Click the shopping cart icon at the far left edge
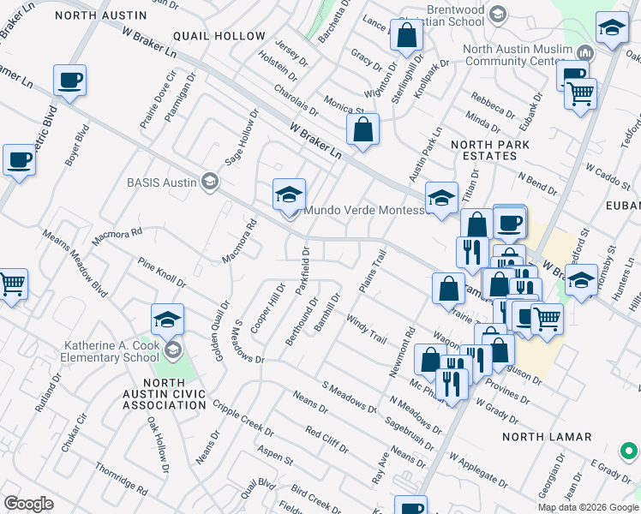pyautogui.click(x=12, y=284)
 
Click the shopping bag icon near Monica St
pyautogui.click(x=363, y=130)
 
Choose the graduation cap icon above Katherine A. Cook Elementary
pyautogui.click(x=167, y=320)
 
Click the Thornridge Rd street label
pyautogui.click(x=122, y=475)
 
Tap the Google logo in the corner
pyautogui.click(x=29, y=504)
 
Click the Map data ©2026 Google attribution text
pyautogui.click(x=588, y=507)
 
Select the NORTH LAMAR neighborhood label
pyautogui.click(x=547, y=437)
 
